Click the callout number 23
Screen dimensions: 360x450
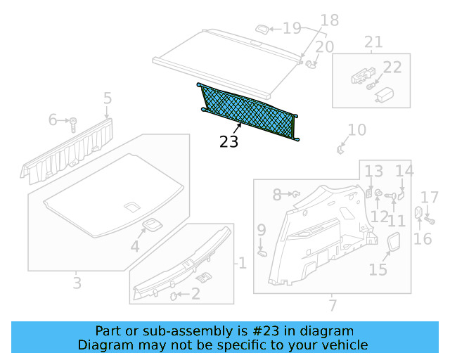click(229, 141)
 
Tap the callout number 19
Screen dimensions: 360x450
click(291, 29)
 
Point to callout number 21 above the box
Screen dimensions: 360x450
click(373, 41)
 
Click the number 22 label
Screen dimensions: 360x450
click(392, 67)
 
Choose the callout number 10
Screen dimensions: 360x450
click(357, 129)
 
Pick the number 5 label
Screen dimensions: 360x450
click(107, 98)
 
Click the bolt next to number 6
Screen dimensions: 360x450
click(72, 124)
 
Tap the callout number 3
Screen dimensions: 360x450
click(77, 283)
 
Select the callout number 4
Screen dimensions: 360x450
click(134, 246)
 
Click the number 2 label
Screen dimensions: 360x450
click(195, 295)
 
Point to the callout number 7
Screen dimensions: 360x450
click(333, 305)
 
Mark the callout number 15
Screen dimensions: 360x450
click(378, 269)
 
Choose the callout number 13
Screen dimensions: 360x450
click(373, 171)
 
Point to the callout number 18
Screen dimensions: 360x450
click(329, 20)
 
